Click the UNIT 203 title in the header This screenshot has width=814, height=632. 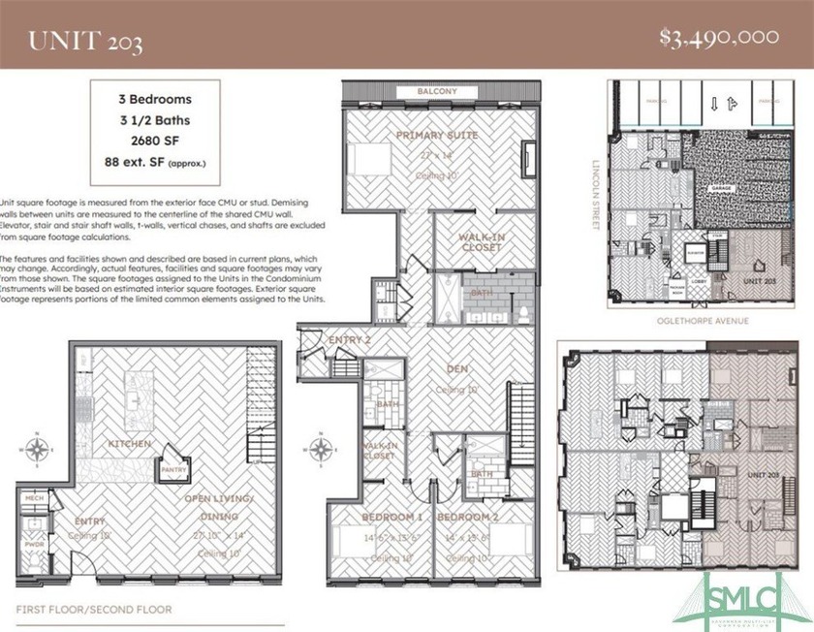(86, 40)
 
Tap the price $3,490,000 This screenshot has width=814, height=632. (719, 38)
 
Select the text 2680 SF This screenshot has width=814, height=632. (155, 139)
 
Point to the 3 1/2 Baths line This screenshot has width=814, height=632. (155, 119)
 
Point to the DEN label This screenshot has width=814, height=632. (457, 368)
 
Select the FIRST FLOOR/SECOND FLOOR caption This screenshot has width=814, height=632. (94, 610)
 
